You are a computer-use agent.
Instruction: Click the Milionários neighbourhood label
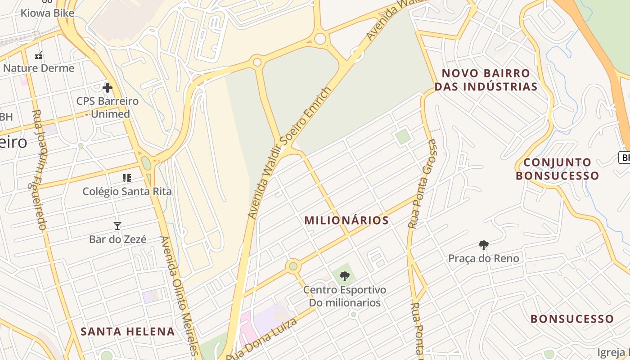346,220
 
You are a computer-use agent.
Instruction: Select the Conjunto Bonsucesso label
557,169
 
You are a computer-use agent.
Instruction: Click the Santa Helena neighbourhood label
127,332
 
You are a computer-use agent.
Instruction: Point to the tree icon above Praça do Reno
484,245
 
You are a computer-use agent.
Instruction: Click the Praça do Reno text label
484,258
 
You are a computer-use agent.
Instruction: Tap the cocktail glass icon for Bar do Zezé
117,225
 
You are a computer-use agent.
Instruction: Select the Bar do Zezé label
117,239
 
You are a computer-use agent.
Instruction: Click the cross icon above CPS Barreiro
108,87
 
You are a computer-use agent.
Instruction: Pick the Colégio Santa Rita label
127,191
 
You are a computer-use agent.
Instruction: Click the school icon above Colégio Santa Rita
127,178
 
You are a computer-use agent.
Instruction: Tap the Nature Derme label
39,68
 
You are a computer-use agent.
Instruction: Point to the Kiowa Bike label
47,13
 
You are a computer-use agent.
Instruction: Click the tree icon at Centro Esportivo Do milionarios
344,276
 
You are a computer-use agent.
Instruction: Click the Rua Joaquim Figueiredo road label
39,170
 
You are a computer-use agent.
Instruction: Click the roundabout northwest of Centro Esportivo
293,266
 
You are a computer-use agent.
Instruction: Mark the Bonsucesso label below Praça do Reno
572,319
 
